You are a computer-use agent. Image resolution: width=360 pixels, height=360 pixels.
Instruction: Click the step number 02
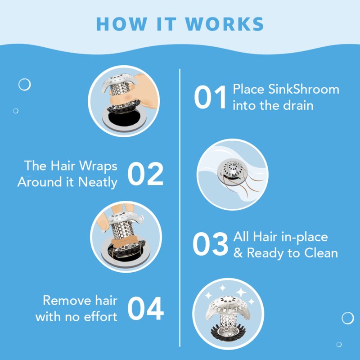(x=145, y=174)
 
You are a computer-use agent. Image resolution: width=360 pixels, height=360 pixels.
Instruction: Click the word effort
(x=99, y=316)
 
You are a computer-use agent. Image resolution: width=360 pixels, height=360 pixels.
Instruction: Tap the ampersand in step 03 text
(x=238, y=253)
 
